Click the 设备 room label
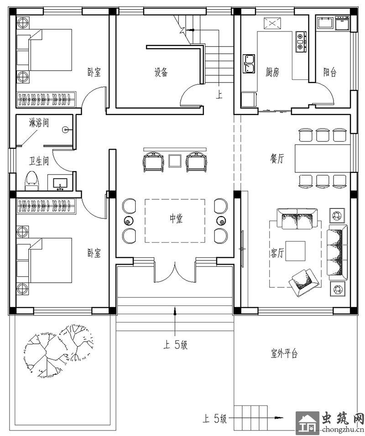(162, 73)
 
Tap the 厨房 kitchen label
(272, 73)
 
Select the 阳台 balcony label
(330, 73)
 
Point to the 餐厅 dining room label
(277, 159)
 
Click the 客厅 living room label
(277, 253)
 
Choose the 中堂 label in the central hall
(177, 219)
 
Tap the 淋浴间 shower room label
(39, 123)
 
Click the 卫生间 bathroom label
(39, 161)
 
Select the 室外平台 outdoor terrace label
(284, 353)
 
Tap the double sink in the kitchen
(249, 64)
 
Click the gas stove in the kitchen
(301, 42)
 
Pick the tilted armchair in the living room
(304, 282)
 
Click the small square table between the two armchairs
(175, 161)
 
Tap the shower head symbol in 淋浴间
(66, 130)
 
